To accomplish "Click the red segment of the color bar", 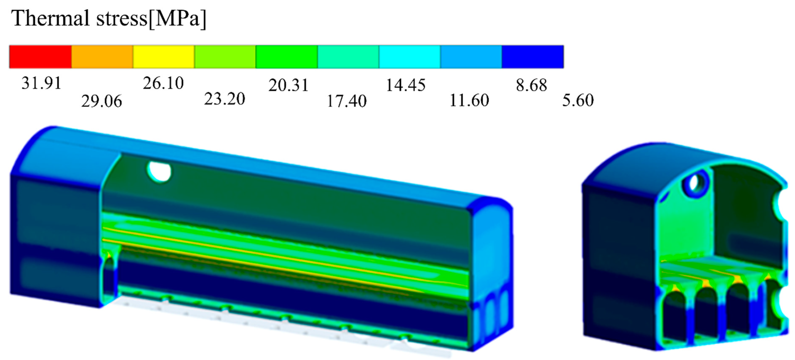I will pyautogui.click(x=40, y=57).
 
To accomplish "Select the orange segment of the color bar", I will pyautogui.click(x=102, y=57).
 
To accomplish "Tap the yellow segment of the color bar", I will pyautogui.click(x=164, y=57).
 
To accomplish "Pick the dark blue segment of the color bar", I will pyautogui.click(x=533, y=57).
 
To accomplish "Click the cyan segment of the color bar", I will pyautogui.click(x=410, y=57).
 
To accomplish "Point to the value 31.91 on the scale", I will pyautogui.click(x=41, y=83).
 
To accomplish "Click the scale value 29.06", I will pyautogui.click(x=102, y=101).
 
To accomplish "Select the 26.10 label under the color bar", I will pyautogui.click(x=163, y=83).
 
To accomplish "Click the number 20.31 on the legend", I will pyautogui.click(x=288, y=85).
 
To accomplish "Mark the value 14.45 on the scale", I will pyautogui.click(x=406, y=85).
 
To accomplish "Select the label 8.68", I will pyautogui.click(x=531, y=85).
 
